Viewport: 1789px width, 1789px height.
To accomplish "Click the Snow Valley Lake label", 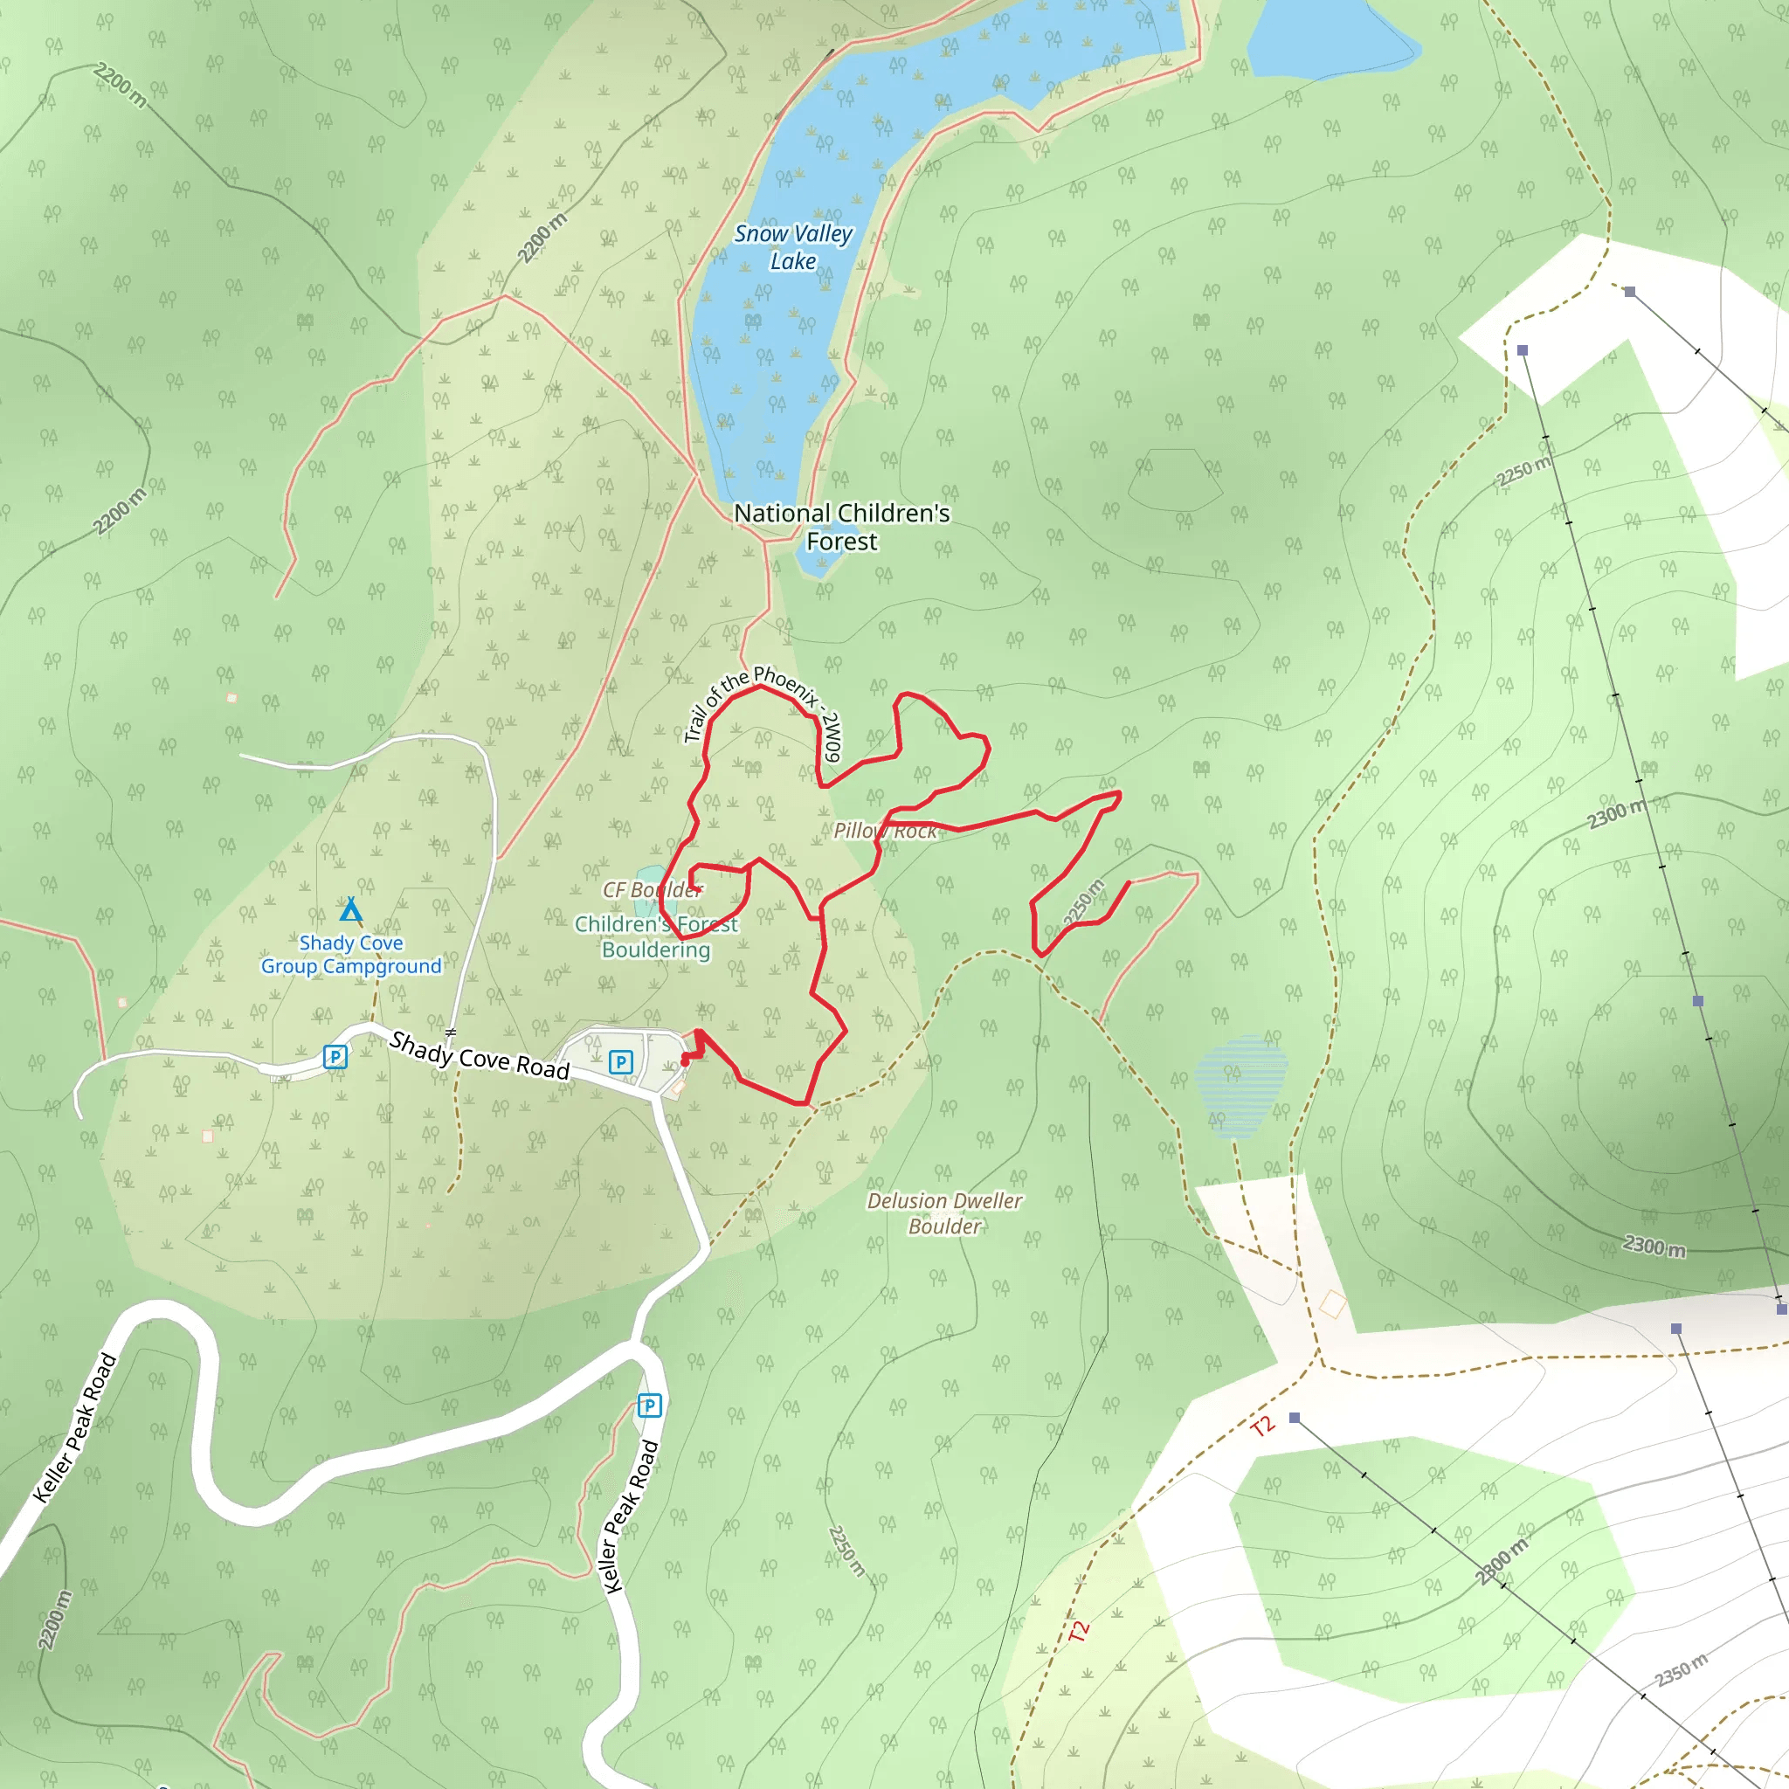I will click(792, 247).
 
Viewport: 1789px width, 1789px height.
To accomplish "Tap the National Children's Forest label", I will click(841, 527).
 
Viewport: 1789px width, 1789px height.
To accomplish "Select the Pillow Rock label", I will click(884, 831).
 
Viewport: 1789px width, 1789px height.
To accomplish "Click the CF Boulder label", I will click(652, 890).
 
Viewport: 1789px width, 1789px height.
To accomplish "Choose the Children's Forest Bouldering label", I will click(657, 936).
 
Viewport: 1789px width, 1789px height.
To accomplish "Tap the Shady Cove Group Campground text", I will click(351, 954).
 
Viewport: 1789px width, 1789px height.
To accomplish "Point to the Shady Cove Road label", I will click(479, 1055).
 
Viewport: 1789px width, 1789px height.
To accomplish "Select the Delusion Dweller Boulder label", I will click(944, 1213).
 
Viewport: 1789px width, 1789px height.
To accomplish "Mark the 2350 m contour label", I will click(1681, 1670).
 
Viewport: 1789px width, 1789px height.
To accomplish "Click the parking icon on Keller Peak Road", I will click(649, 1406).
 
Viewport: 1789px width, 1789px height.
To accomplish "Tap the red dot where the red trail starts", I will click(685, 1060).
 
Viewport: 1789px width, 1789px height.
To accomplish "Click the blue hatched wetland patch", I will click(1240, 1084).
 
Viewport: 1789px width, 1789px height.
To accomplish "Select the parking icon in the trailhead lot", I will click(620, 1062).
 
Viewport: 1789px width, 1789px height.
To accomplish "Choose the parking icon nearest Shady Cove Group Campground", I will click(335, 1057).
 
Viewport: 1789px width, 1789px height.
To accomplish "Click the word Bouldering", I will click(657, 950).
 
